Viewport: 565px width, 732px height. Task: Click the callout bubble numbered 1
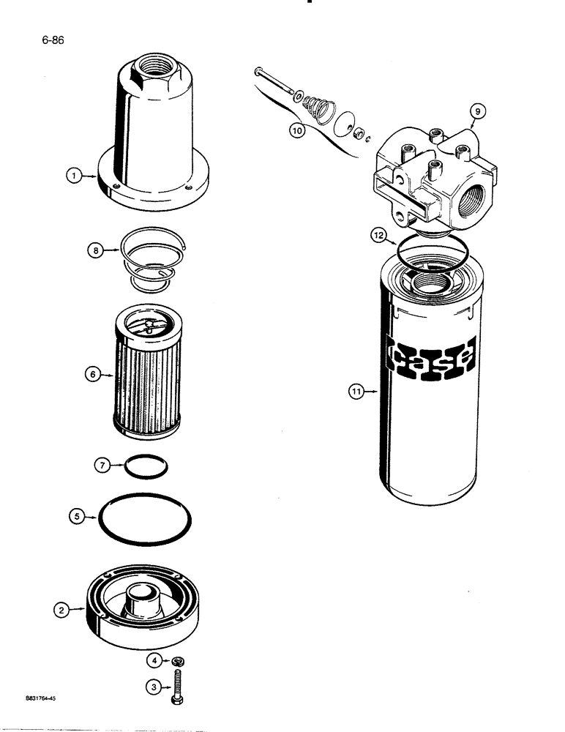pyautogui.click(x=73, y=176)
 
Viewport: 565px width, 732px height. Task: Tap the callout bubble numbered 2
pyautogui.click(x=62, y=608)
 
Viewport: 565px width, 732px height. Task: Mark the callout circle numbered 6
pyautogui.click(x=92, y=374)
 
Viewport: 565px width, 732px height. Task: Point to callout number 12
pyautogui.click(x=377, y=236)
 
